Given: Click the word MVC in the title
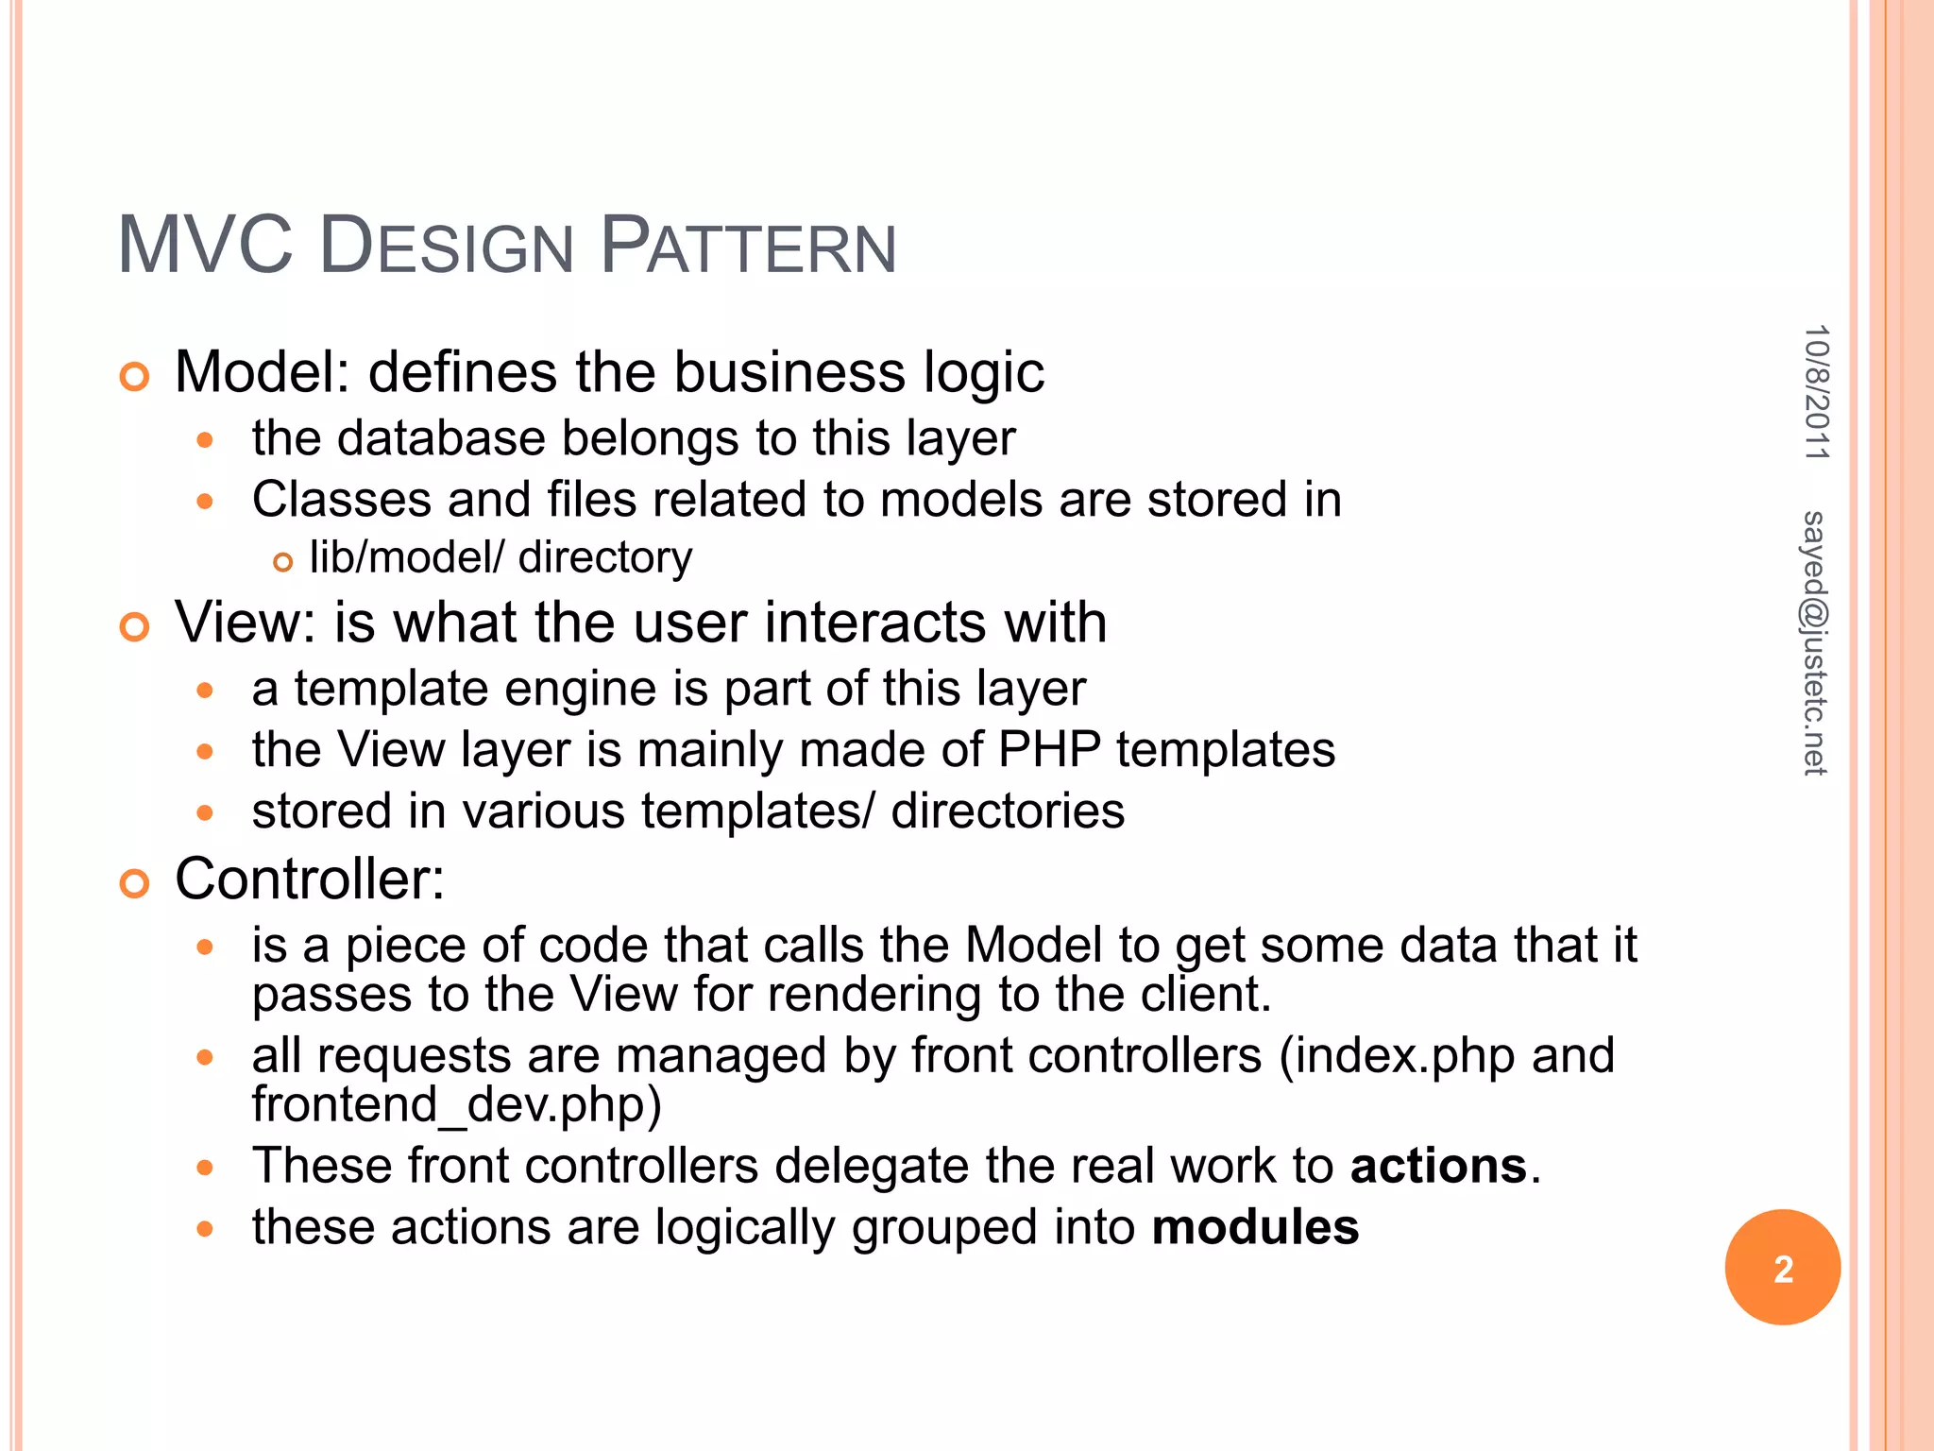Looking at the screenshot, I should pos(205,246).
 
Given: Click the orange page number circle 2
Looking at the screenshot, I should pos(1782,1268).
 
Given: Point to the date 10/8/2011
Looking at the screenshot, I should pos(1816,392).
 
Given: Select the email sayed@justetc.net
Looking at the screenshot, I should pos(1814,643).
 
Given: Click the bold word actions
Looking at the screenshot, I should pos(1438,1166).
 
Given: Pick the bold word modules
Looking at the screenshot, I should pos(1255,1227).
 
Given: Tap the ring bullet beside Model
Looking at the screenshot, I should pos(135,377).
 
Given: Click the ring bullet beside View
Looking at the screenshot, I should pos(135,627).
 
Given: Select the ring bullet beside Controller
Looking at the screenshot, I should pos(135,884).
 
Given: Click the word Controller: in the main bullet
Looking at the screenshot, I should pos(310,879).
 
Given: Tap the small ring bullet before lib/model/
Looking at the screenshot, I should pos(282,563).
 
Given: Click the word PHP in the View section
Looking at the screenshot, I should pos(1049,750).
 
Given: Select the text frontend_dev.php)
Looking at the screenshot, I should pos(457,1104).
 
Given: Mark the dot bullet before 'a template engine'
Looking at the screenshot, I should pos(206,691).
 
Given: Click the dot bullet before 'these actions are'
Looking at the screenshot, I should pos(206,1229).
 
